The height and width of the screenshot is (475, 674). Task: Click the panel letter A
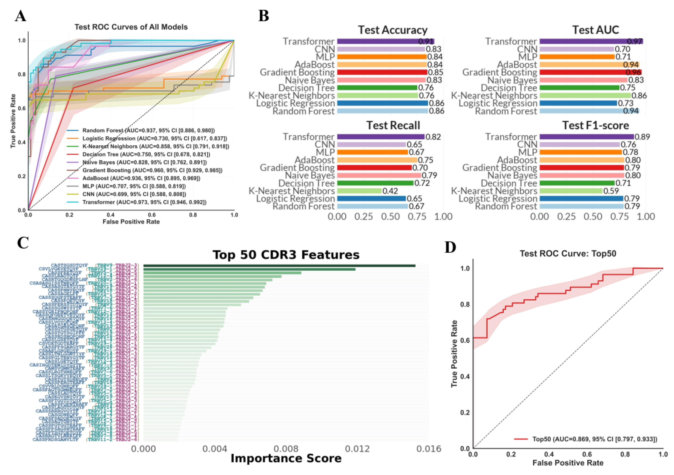tap(20, 16)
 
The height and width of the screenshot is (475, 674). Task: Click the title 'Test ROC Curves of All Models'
tap(131, 27)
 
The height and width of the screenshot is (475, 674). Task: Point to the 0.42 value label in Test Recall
tap(390, 191)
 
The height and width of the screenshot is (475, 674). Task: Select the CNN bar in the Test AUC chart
tap(576, 49)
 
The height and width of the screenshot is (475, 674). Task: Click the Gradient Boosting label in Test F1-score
tap(499, 168)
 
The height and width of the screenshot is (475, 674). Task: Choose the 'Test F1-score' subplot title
tap(595, 125)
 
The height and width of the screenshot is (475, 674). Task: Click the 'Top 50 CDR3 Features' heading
tap(286, 255)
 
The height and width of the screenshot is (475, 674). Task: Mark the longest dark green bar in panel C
tap(279, 266)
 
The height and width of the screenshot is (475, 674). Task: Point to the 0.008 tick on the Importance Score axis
tap(286, 449)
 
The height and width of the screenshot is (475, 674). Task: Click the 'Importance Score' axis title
tap(286, 459)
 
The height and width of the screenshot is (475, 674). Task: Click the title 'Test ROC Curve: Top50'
tap(568, 254)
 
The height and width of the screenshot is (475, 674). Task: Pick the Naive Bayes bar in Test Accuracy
tap(381, 80)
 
